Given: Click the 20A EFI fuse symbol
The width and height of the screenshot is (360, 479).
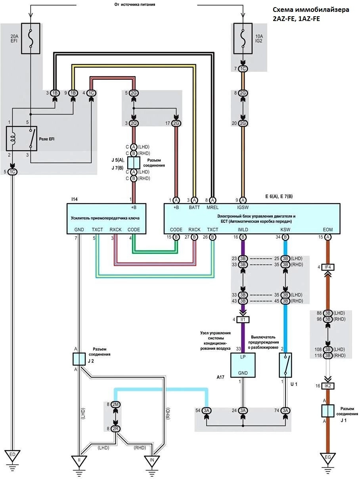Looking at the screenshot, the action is click(31, 38).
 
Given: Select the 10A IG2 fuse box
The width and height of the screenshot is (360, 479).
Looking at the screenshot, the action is click(243, 38).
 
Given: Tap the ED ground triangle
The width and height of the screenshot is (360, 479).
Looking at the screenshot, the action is click(12, 456).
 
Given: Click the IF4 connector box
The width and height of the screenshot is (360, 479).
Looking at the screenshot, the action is click(328, 267).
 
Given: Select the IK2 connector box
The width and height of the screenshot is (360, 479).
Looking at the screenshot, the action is click(328, 386).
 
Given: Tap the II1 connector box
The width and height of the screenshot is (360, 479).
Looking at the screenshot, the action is click(243, 320).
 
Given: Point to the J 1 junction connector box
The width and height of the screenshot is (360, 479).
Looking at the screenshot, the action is click(328, 411).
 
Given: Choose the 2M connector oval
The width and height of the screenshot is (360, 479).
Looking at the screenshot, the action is click(115, 404).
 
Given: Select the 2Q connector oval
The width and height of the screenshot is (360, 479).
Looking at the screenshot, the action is click(134, 123).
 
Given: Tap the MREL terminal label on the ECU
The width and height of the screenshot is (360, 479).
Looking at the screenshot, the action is click(213, 207).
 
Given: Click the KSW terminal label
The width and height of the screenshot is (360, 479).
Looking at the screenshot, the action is click(285, 230).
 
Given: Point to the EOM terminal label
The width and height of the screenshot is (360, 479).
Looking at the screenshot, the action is click(328, 230).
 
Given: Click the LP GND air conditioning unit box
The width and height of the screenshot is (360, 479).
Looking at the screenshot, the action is click(243, 365).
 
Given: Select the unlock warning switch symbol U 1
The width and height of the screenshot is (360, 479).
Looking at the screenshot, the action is click(285, 365).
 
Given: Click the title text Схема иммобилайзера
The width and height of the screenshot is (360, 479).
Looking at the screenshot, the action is click(311, 10).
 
